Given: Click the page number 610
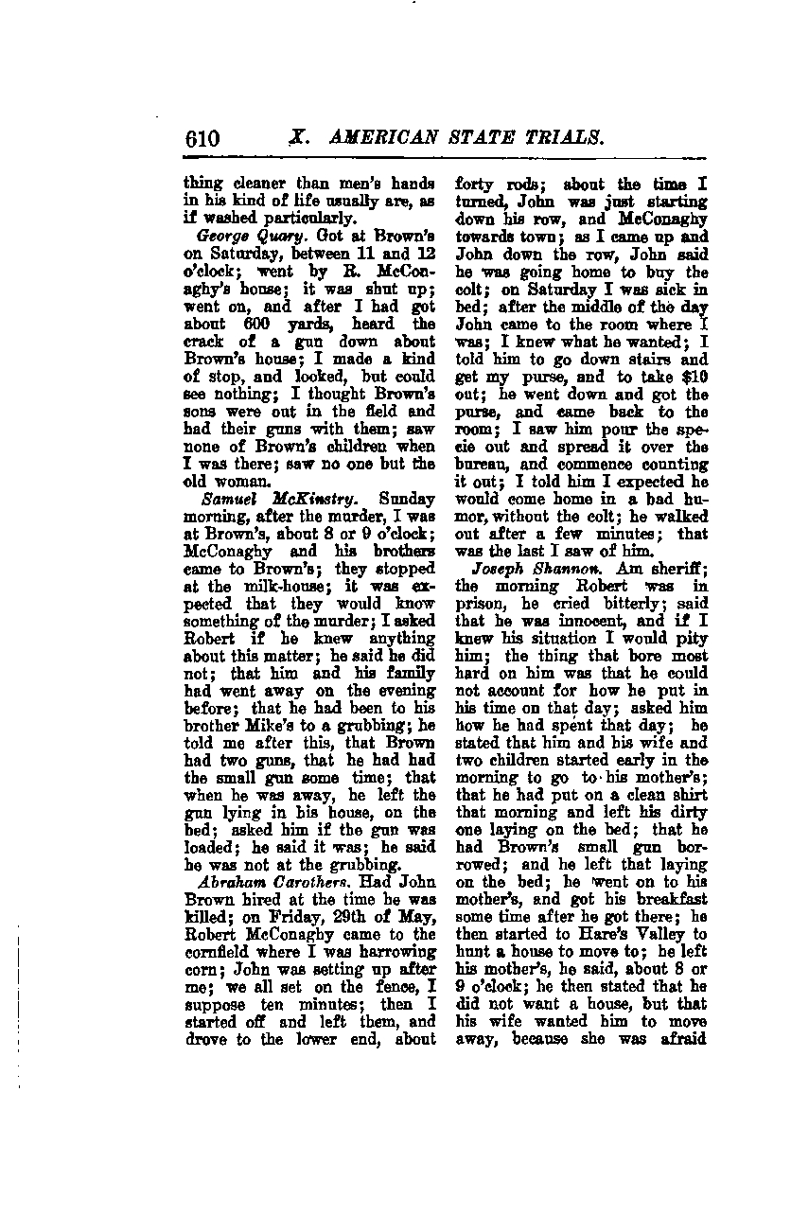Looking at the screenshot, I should click(202, 139).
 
